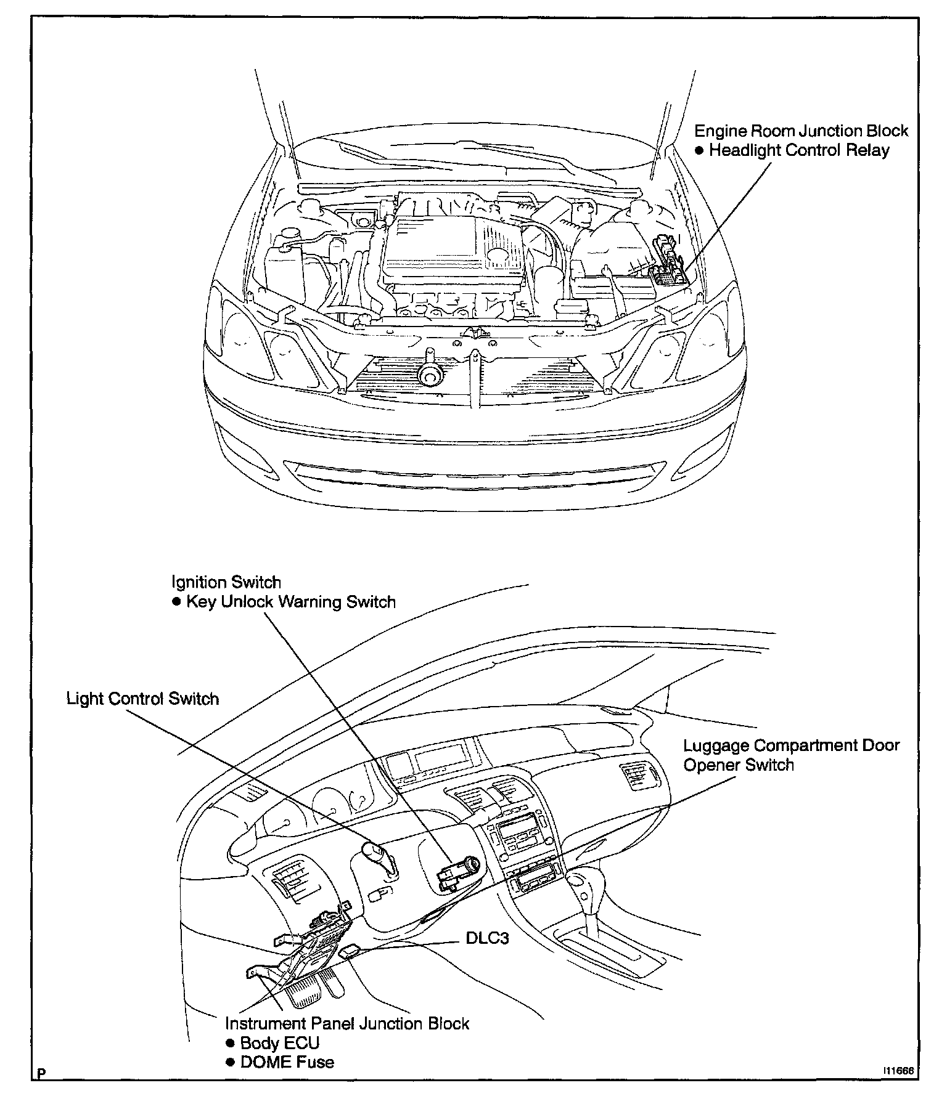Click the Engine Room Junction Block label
[x=801, y=131]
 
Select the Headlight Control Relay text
[x=799, y=151]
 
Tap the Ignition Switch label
[x=226, y=582]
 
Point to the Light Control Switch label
[x=142, y=699]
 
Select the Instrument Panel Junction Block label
[x=347, y=1023]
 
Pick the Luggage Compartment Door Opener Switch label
[x=791, y=755]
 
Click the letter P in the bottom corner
[x=41, y=1090]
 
